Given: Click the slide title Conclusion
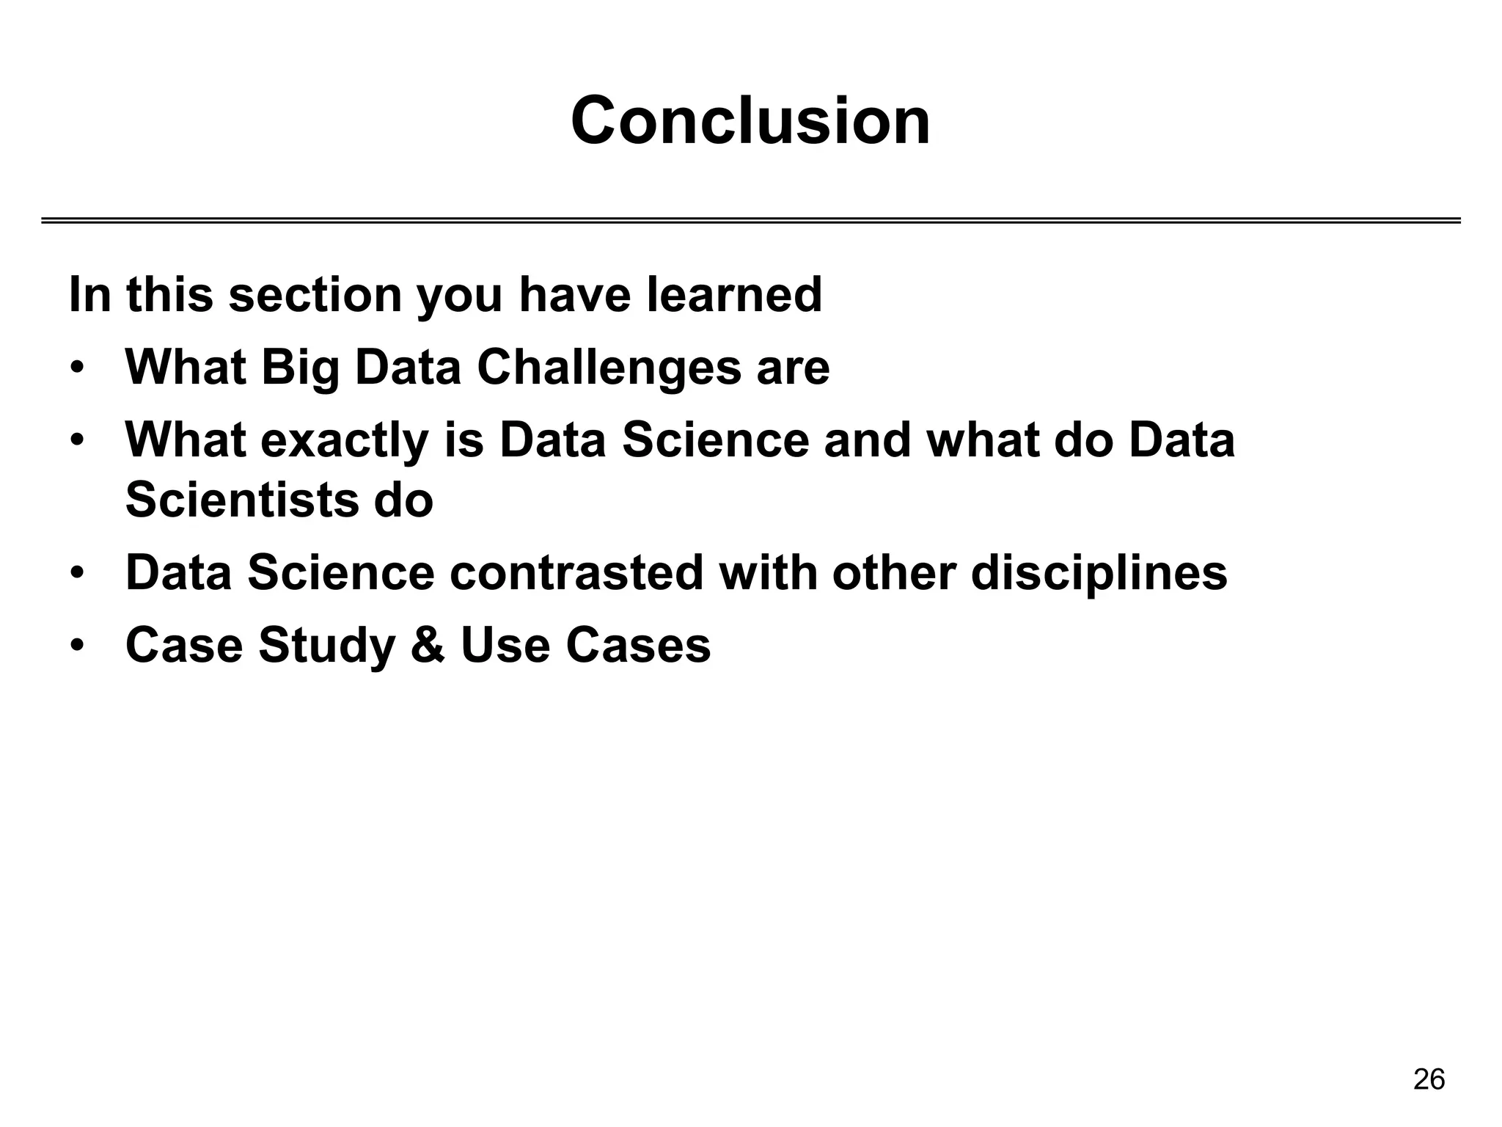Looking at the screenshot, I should [750, 121].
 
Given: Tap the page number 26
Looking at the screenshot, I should [1429, 1079].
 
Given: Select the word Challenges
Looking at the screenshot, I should [609, 367].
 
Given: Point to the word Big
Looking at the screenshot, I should [300, 367].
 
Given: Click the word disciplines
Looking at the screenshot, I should [1099, 572].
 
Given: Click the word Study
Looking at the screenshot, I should [326, 646].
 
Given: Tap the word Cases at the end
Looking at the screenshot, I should [637, 646].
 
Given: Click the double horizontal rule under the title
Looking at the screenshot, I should [750, 220].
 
